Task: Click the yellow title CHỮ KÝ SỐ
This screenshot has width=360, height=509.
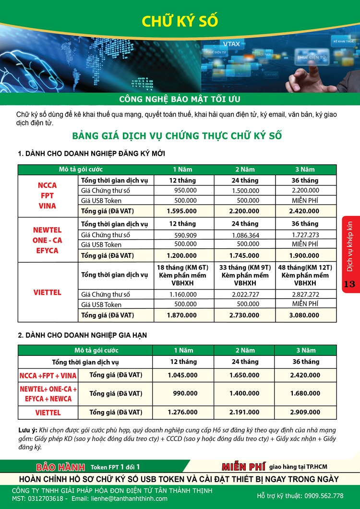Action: (180, 21)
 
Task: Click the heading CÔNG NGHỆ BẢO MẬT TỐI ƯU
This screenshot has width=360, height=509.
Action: (180, 99)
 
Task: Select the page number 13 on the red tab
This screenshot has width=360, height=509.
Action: (349, 284)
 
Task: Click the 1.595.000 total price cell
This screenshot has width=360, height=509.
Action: (182, 211)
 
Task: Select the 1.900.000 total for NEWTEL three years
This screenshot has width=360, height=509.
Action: (305, 255)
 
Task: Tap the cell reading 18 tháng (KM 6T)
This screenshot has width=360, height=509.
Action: (182, 267)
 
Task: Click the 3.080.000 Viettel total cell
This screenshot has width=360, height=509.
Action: (305, 315)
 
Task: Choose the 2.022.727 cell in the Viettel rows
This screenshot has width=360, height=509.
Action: (245, 294)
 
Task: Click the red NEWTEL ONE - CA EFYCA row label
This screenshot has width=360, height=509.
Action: (48, 240)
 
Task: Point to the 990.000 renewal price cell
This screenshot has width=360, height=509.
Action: (185, 393)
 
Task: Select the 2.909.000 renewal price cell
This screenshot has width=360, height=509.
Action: (305, 412)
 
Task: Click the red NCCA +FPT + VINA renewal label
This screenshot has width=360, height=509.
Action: (48, 376)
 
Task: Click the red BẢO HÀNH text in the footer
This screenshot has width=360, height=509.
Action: (60, 467)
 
